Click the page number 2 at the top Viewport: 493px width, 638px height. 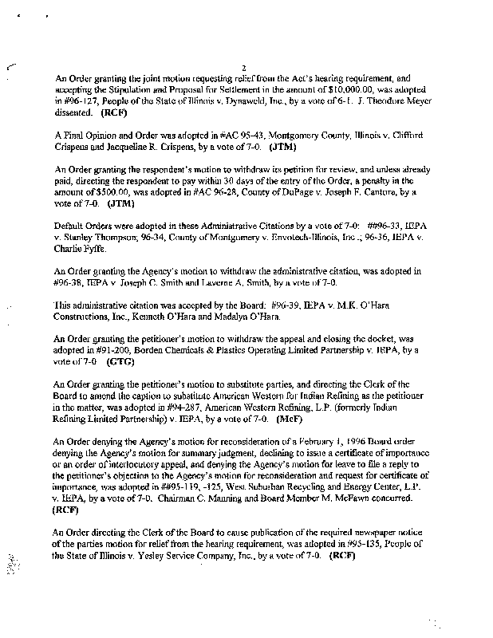point(243,69)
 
